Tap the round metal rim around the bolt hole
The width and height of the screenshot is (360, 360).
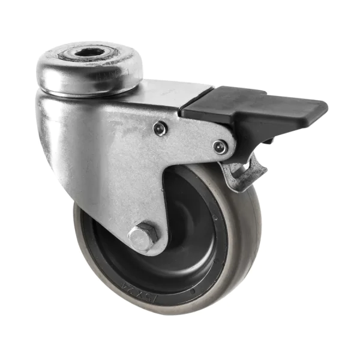click(x=123, y=66)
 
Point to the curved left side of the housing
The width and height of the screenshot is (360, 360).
click(x=51, y=138)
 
